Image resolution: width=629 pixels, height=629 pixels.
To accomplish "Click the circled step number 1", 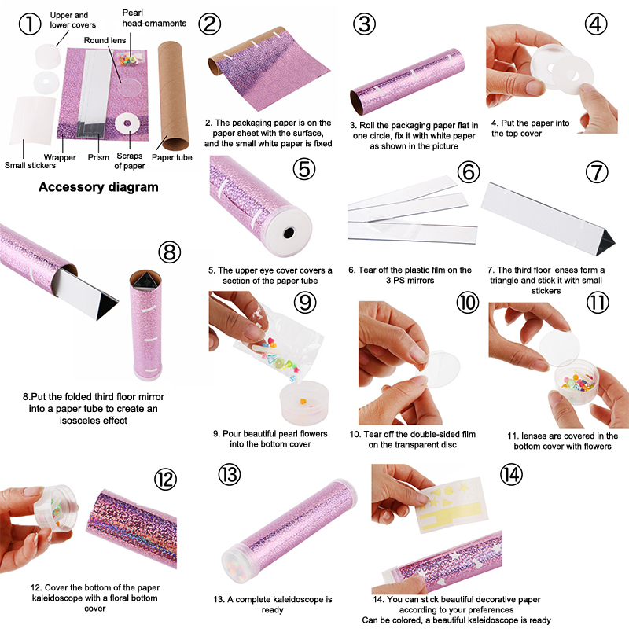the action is (30, 24).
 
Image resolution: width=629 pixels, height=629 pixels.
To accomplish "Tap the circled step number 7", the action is (597, 172).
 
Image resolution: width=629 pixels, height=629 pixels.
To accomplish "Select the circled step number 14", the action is (511, 475).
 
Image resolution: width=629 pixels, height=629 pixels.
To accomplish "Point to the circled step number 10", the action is (468, 302).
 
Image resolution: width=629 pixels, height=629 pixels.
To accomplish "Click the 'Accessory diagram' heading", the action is (98, 187).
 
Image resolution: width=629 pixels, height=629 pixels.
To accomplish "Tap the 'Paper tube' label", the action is (171, 158).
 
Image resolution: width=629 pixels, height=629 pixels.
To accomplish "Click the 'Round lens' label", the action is (105, 40).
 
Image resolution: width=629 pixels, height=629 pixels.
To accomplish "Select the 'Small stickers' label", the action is (30, 165).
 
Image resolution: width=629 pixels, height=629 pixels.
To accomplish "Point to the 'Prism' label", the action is (98, 158).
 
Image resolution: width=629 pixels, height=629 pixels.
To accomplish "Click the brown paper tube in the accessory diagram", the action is (173, 94).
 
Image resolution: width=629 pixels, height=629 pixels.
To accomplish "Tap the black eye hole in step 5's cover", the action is (289, 233).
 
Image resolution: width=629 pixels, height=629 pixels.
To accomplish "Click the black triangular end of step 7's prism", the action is (606, 241).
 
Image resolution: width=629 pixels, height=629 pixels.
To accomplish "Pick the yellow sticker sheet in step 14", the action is (451, 502).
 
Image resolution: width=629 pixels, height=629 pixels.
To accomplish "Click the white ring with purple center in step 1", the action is (127, 123).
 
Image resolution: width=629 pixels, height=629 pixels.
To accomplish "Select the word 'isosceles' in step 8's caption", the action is (79, 421).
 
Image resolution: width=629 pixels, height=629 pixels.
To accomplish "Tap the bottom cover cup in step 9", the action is (304, 403).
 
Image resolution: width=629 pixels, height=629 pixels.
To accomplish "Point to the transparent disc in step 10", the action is (438, 369).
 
